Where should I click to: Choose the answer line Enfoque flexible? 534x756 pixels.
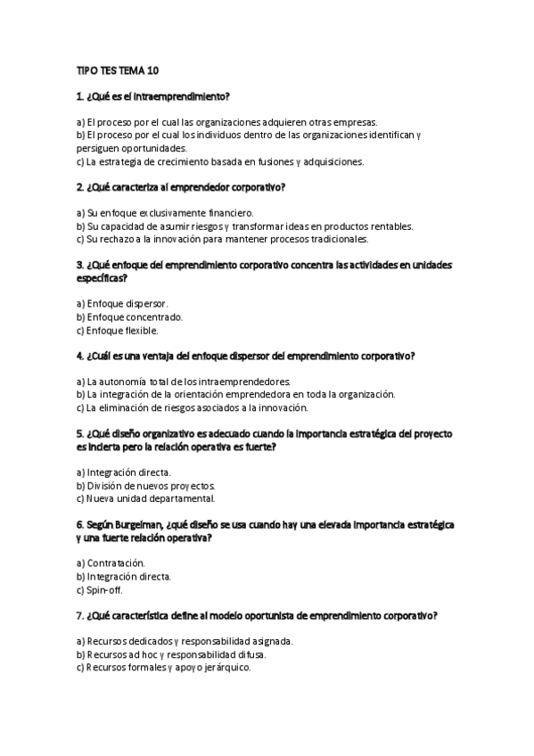click(x=118, y=330)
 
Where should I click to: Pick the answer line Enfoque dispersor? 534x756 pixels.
click(x=122, y=304)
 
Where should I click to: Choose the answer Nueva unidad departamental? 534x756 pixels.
click(x=145, y=498)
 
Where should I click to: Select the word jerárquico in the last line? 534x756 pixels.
click(x=227, y=667)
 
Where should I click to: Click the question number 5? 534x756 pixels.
click(x=80, y=434)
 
